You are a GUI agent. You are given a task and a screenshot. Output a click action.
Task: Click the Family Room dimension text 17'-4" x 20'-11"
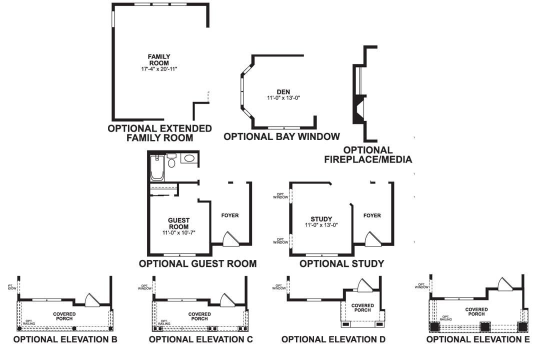pyautogui.click(x=159, y=68)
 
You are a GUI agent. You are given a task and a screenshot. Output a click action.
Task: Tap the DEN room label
pyautogui.click(x=283, y=92)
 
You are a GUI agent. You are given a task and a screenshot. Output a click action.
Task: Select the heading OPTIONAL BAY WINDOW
pyautogui.click(x=281, y=136)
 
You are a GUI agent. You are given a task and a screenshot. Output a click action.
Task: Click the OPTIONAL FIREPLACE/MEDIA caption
pyautogui.click(x=367, y=155)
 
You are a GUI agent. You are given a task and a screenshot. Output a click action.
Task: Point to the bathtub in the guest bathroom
pyautogui.click(x=156, y=169)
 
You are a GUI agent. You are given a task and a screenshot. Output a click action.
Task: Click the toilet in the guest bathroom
pyautogui.click(x=171, y=160)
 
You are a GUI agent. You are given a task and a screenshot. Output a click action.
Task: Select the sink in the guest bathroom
pyautogui.click(x=188, y=159)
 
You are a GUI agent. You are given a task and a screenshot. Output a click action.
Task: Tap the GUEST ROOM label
pyautogui.click(x=178, y=223)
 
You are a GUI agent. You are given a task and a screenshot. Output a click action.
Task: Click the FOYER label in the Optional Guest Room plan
pyautogui.click(x=230, y=215)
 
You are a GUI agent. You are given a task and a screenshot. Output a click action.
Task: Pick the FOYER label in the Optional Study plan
pyautogui.click(x=372, y=215)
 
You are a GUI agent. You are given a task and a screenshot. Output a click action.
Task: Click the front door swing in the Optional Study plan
pyautogui.click(x=372, y=239)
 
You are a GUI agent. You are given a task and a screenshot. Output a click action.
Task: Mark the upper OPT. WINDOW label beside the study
pyautogui.click(x=280, y=195)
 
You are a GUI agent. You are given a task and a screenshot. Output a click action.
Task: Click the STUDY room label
pyautogui.click(x=321, y=219)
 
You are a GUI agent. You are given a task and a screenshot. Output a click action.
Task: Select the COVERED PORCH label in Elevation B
pyautogui.click(x=65, y=316)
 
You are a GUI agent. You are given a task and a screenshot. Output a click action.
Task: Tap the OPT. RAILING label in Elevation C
pyautogui.click(x=163, y=323)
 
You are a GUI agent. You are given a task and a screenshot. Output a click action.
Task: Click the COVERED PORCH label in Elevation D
pyautogui.click(x=362, y=307)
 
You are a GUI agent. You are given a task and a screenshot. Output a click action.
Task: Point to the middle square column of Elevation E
pyautogui.click(x=484, y=327)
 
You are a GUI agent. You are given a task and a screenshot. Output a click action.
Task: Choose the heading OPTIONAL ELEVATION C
pyautogui.click(x=201, y=339)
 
